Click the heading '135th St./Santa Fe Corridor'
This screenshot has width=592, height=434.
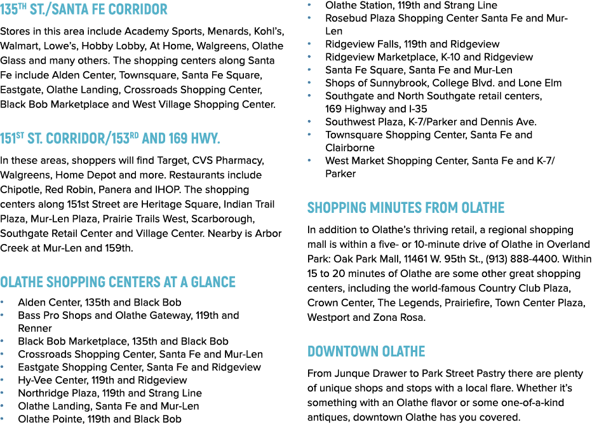tap(83, 9)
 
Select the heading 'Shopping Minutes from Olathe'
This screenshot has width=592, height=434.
tap(406, 208)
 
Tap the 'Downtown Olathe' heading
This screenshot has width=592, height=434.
tap(367, 351)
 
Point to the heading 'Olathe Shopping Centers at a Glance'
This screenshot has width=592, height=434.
tap(118, 282)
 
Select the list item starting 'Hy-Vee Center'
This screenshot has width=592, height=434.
tap(102, 381)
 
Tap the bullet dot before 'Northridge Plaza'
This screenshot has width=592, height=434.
tap(3, 393)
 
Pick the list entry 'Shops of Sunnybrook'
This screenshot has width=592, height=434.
tap(443, 83)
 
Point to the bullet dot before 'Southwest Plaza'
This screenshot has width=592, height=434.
tap(309, 122)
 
